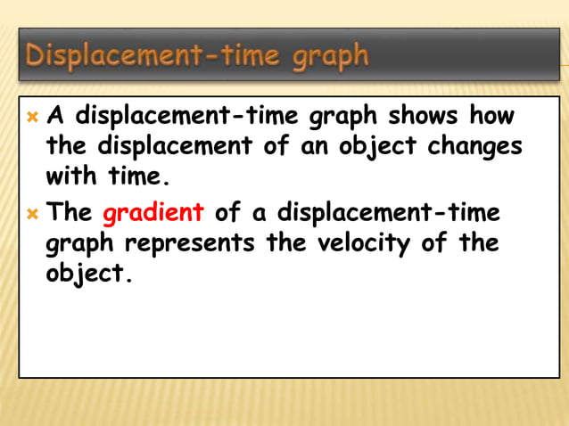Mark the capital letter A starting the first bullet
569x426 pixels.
55,116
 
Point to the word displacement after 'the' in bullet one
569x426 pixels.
179,145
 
